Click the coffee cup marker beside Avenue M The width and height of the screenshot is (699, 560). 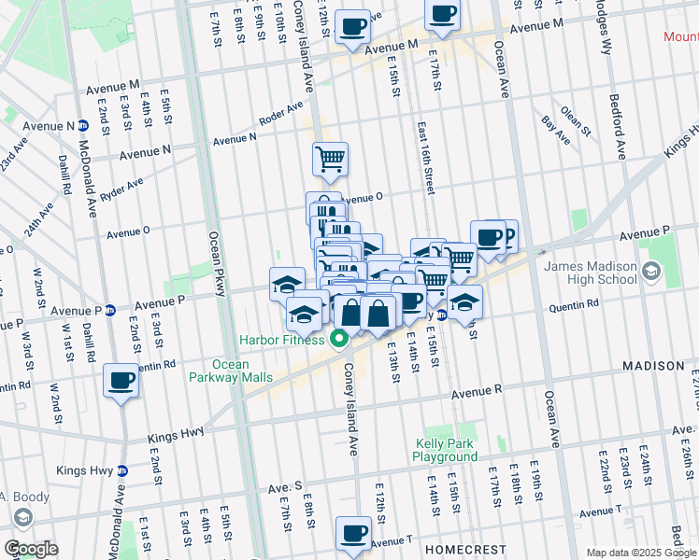pos(352,28)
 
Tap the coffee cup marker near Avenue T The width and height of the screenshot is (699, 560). pos(353,533)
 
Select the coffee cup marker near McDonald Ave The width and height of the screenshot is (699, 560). pos(121,381)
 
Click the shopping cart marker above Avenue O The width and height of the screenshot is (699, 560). pos(330,159)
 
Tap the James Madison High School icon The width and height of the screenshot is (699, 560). pos(650,273)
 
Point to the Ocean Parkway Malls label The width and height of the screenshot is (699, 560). pos(230,371)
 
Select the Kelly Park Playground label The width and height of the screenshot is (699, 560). pos(446,451)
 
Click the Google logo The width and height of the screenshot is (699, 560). pos(31,549)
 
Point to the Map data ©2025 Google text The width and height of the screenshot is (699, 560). pos(641,553)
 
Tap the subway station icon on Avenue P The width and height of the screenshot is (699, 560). pos(109,310)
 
